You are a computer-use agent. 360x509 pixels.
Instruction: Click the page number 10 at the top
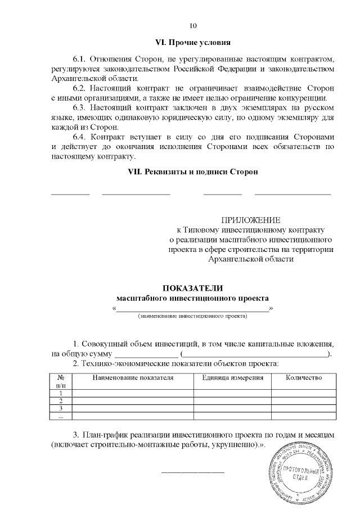point(193,26)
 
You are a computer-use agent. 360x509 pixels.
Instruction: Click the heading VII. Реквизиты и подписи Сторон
point(193,172)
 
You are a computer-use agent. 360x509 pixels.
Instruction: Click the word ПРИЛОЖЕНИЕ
point(250,220)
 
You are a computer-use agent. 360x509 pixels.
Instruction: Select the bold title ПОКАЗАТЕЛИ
point(193,288)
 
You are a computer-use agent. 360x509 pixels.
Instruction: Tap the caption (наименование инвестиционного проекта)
point(193,317)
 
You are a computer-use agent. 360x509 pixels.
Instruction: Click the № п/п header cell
point(61,382)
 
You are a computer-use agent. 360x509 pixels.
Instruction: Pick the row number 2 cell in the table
point(61,400)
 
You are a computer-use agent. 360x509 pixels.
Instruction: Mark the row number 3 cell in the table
point(61,408)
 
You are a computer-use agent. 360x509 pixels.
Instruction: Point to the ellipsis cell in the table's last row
point(61,416)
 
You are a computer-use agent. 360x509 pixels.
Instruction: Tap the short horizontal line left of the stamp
point(193,471)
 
